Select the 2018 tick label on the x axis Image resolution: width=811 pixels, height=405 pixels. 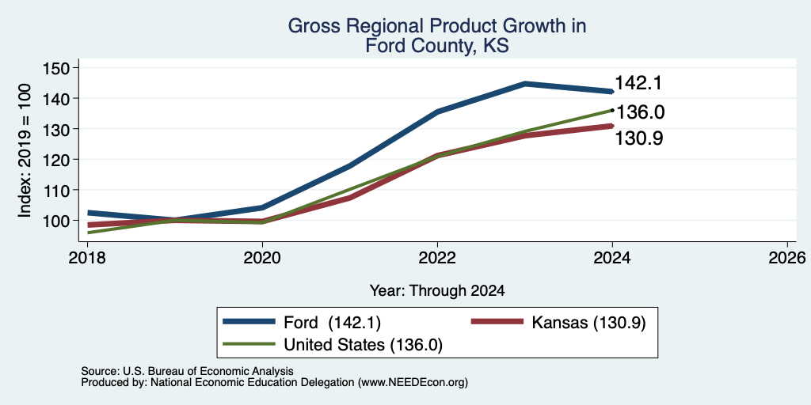coord(87,257)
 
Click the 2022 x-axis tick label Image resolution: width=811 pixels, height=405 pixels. coord(437,257)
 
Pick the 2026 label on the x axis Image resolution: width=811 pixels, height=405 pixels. coord(788,257)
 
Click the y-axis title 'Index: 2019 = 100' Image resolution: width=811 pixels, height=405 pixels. coord(25,150)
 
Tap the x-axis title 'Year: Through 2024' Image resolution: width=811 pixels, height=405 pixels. coord(437,291)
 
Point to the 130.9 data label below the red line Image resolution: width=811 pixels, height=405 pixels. coord(639,138)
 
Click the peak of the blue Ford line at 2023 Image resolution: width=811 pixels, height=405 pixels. coord(525,83)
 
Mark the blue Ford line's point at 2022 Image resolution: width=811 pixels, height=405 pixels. coord(437,112)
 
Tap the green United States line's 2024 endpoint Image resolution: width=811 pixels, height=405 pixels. coord(612,110)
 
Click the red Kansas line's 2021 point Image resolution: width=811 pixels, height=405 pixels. coord(350,198)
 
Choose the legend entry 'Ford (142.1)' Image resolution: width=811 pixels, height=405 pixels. coord(302,323)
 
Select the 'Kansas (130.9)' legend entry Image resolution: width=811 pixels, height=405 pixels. coord(558,323)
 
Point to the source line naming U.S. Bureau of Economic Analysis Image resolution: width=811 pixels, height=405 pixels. coord(187,371)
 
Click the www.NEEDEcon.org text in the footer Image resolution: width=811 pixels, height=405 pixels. coord(411,383)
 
